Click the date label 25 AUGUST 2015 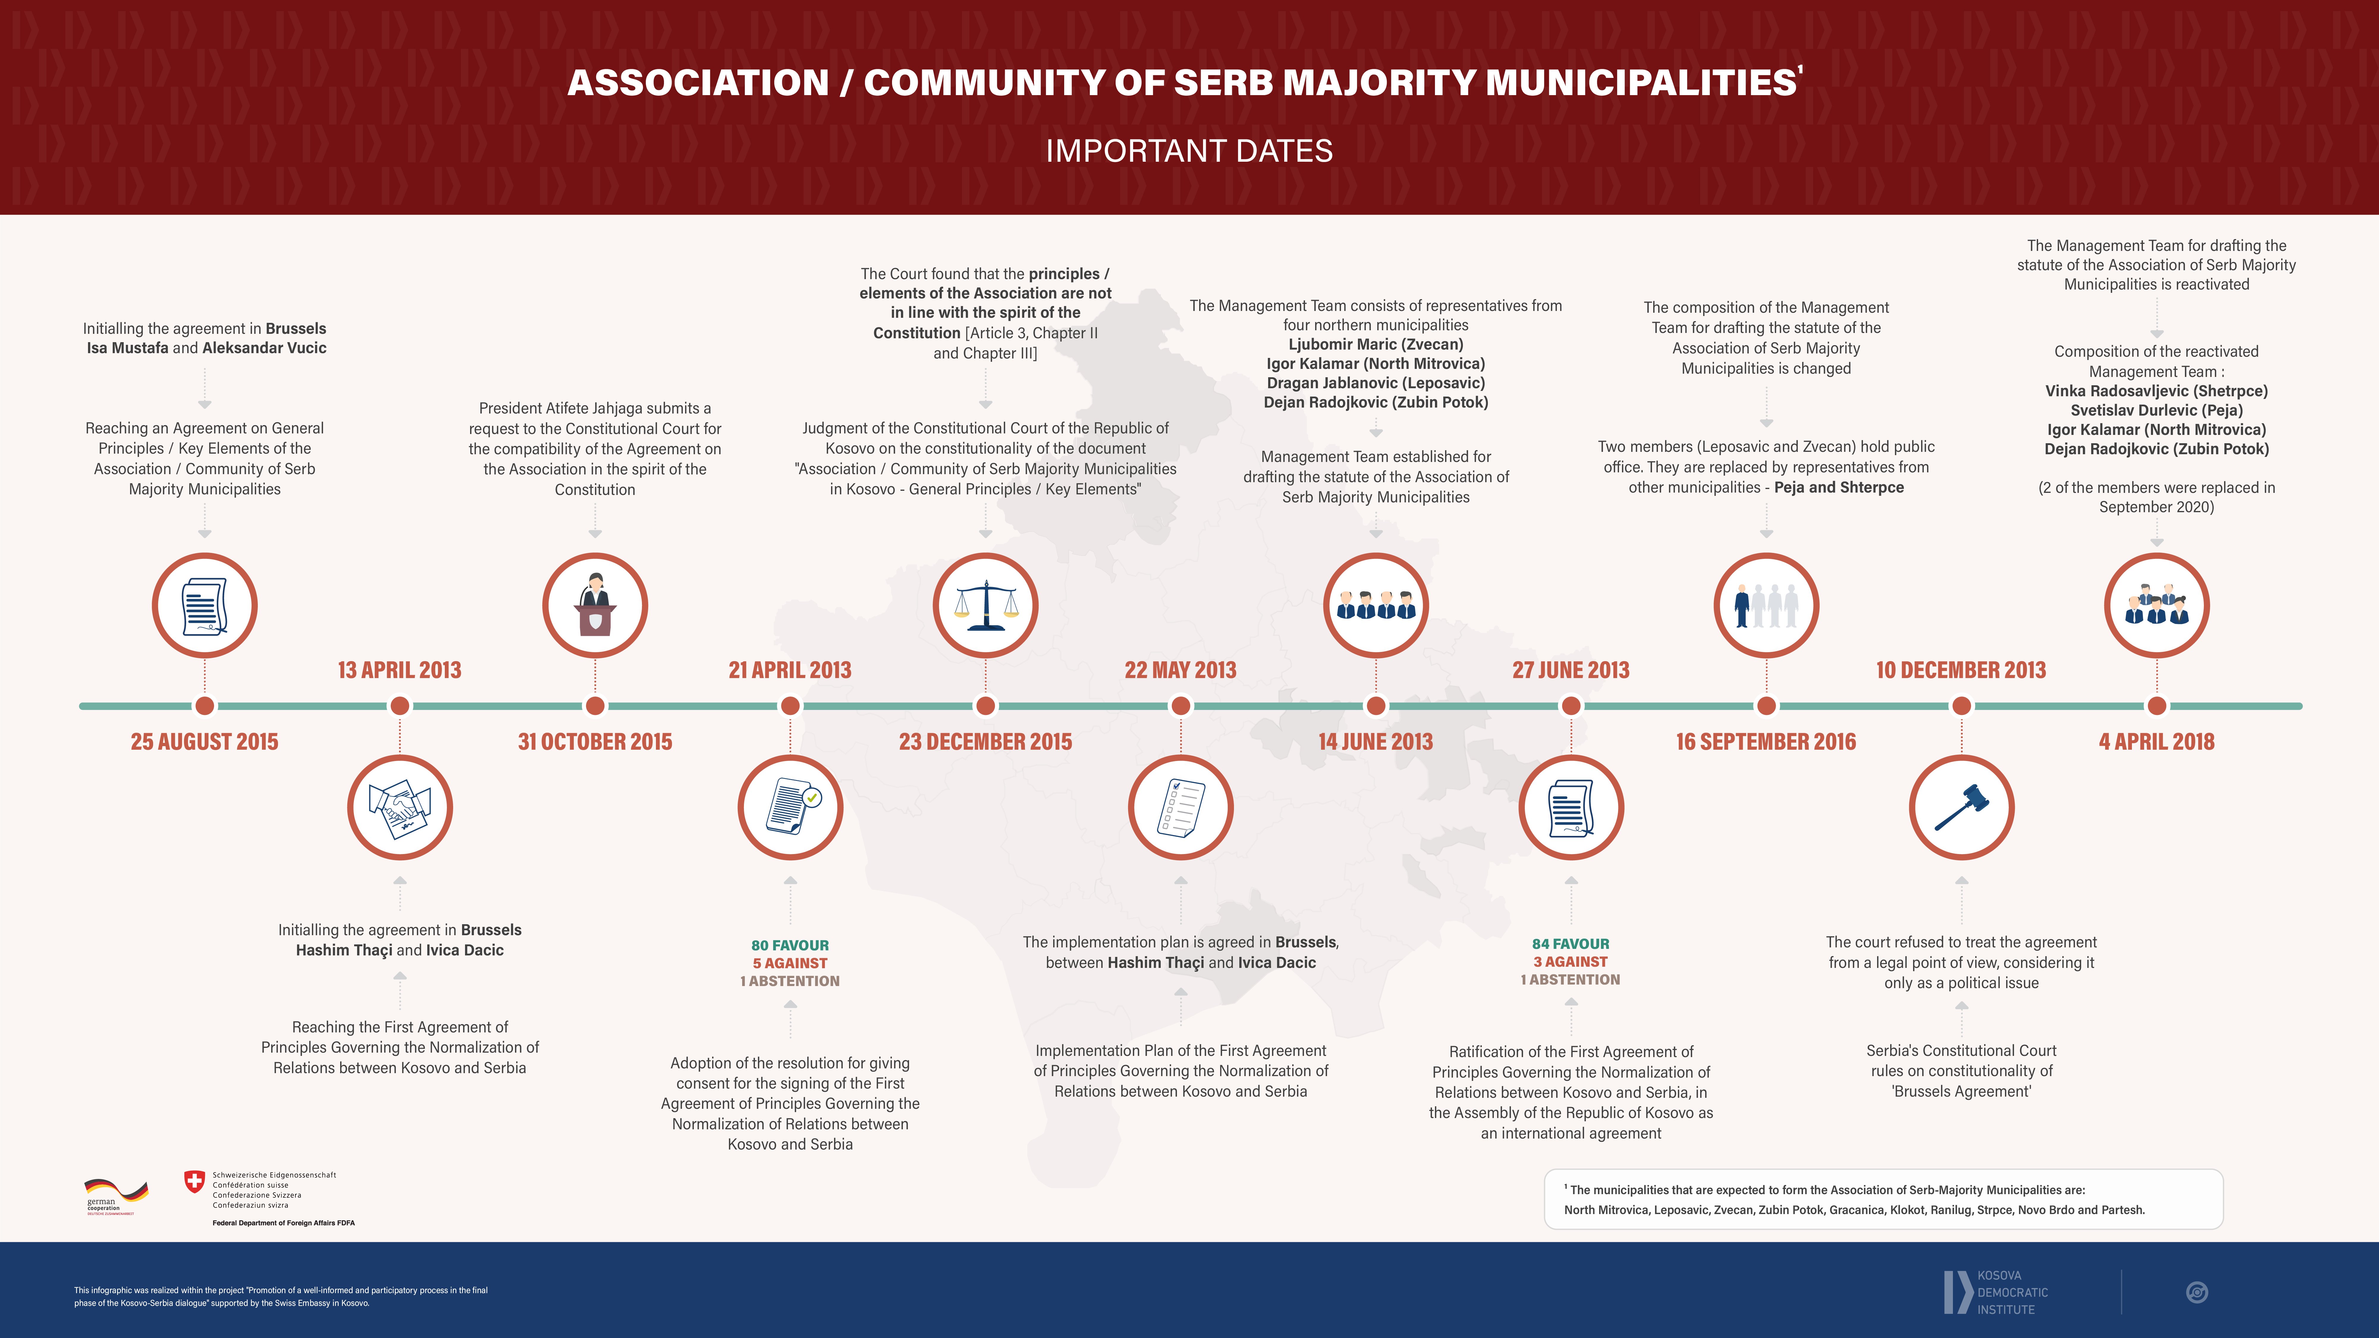tap(204, 741)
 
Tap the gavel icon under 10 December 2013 tap(1961, 807)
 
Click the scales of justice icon tap(985, 606)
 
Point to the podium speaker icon tap(595, 606)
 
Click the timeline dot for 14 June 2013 tap(1375, 706)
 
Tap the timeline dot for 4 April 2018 tap(2156, 706)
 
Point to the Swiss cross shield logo tap(194, 1181)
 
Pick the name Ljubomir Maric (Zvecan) tap(1375, 345)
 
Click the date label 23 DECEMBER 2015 tap(985, 741)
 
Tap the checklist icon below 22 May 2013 tap(1180, 807)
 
